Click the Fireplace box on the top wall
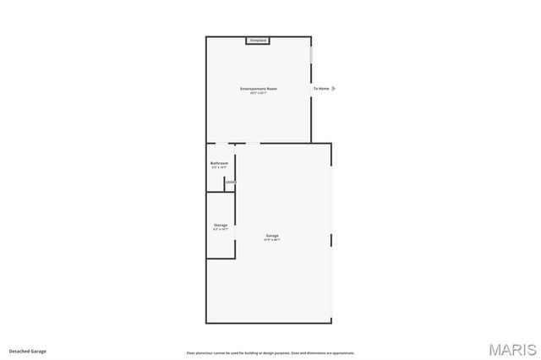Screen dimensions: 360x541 click(258, 41)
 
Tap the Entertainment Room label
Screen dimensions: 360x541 click(259, 89)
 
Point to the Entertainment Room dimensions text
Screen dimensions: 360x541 click(259, 93)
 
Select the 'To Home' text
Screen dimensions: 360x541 click(321, 89)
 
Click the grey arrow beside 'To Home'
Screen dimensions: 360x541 click(334, 89)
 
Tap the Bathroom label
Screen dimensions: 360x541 click(220, 163)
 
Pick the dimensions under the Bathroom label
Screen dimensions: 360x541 click(220, 167)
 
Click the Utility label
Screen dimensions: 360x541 click(230, 183)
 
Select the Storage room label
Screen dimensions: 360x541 click(220, 225)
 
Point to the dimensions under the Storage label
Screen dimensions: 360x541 click(220, 229)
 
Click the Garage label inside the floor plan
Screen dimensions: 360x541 click(272, 236)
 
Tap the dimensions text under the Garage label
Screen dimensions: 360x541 click(272, 240)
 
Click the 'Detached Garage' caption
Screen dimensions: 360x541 click(28, 351)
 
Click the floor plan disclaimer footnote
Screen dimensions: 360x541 click(270, 353)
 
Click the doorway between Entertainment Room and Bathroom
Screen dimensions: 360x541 click(221, 143)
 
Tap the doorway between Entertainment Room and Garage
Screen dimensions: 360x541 click(253, 143)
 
